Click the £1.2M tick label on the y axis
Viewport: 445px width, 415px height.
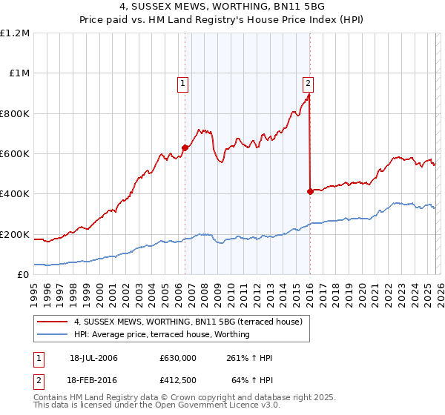(x=16, y=33)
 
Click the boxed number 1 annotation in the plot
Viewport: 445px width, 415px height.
(x=182, y=84)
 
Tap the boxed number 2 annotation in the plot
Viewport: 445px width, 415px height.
(x=307, y=84)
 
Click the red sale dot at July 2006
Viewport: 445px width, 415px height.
(x=185, y=147)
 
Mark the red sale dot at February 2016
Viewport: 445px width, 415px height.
(x=309, y=191)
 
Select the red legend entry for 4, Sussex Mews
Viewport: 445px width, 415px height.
(x=188, y=322)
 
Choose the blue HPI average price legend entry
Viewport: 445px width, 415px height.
(x=161, y=334)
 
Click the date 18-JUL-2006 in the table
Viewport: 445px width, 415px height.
(x=93, y=358)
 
